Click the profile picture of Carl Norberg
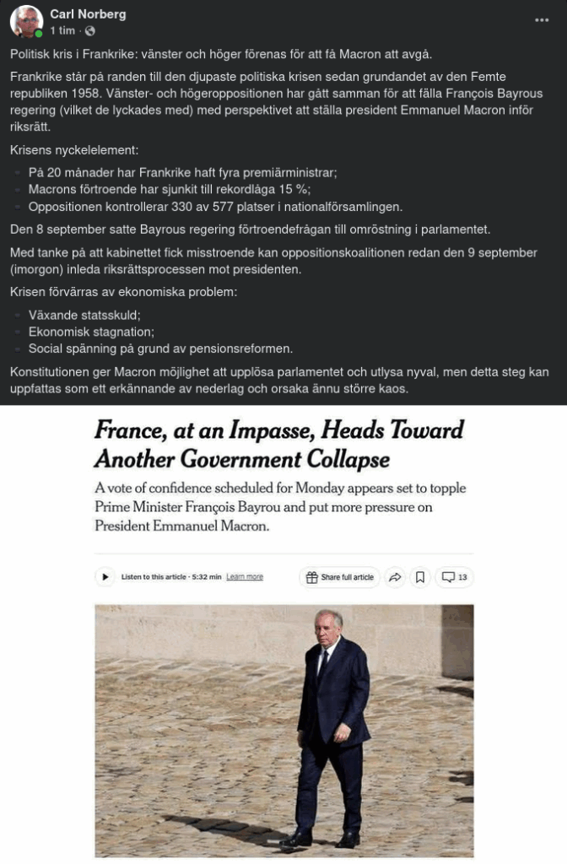(27, 22)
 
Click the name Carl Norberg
(88, 14)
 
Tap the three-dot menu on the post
(542, 20)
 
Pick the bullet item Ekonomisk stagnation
(91, 332)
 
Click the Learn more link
(245, 577)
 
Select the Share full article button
(339, 577)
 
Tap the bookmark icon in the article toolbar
(419, 577)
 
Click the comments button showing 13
(455, 577)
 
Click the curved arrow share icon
(394, 577)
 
